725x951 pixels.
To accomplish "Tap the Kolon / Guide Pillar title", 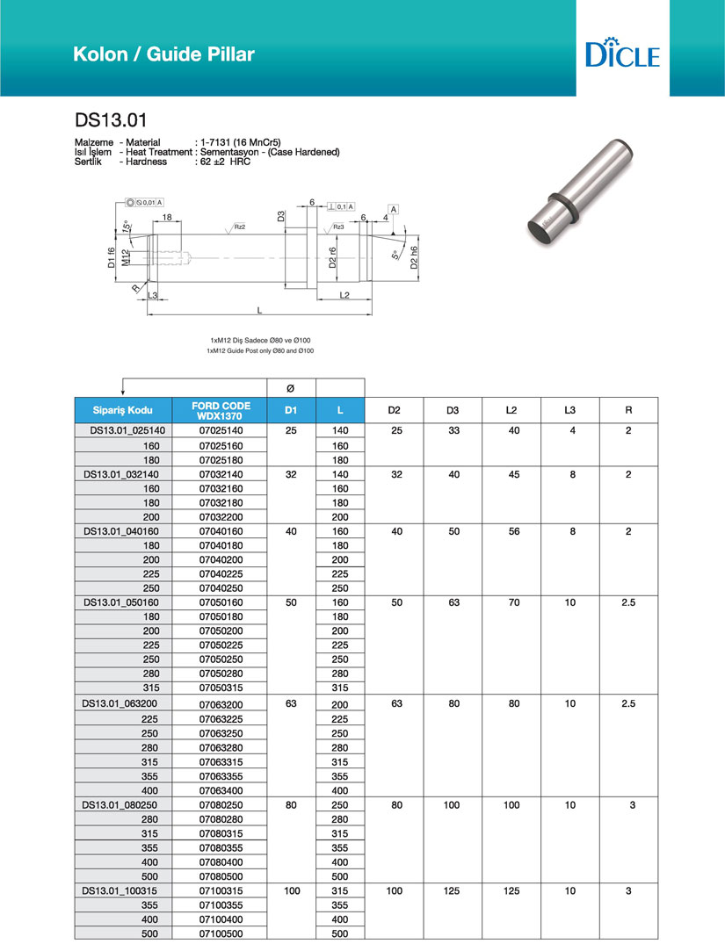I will click(x=164, y=54).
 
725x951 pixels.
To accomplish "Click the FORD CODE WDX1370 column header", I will click(x=221, y=410).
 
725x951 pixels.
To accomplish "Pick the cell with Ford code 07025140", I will click(x=221, y=431).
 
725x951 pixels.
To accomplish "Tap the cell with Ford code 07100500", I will click(x=221, y=933).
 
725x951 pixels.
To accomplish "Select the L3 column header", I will click(x=570, y=410).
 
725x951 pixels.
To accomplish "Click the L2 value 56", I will click(x=512, y=531).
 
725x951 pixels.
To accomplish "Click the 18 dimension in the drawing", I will click(x=166, y=217).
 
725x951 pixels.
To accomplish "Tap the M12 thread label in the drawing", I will click(x=127, y=257).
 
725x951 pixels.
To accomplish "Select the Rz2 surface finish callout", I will click(x=239, y=227).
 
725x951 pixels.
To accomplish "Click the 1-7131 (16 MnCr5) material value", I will click(x=242, y=140).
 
